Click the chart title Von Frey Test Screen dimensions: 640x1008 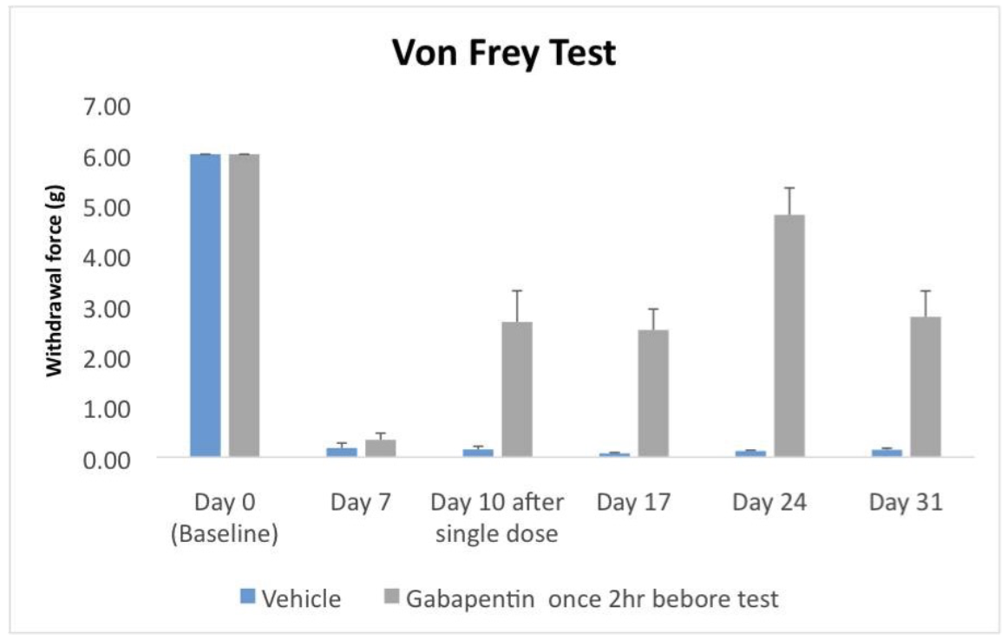point(504,53)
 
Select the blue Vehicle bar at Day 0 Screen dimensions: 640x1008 point(206,304)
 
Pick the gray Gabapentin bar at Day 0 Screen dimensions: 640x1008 point(245,304)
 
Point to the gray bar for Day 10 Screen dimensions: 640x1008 point(517,389)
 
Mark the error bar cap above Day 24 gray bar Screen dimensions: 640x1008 point(789,188)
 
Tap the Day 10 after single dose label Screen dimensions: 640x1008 point(497,518)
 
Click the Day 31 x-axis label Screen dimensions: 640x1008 point(906,503)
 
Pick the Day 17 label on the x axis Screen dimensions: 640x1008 point(633,503)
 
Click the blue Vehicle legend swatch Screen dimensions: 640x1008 point(248,598)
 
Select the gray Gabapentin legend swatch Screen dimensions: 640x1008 point(391,598)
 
